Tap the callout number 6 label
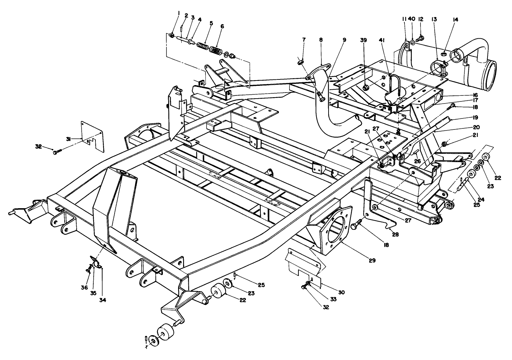pyautogui.click(x=222, y=26)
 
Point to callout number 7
pyautogui.click(x=304, y=39)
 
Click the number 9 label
pyautogui.click(x=344, y=40)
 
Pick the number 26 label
pyautogui.click(x=417, y=161)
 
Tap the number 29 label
pyautogui.click(x=372, y=260)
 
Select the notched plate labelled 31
pyautogui.click(x=92, y=135)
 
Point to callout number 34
pyautogui.click(x=103, y=300)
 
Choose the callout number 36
pyautogui.click(x=84, y=288)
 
